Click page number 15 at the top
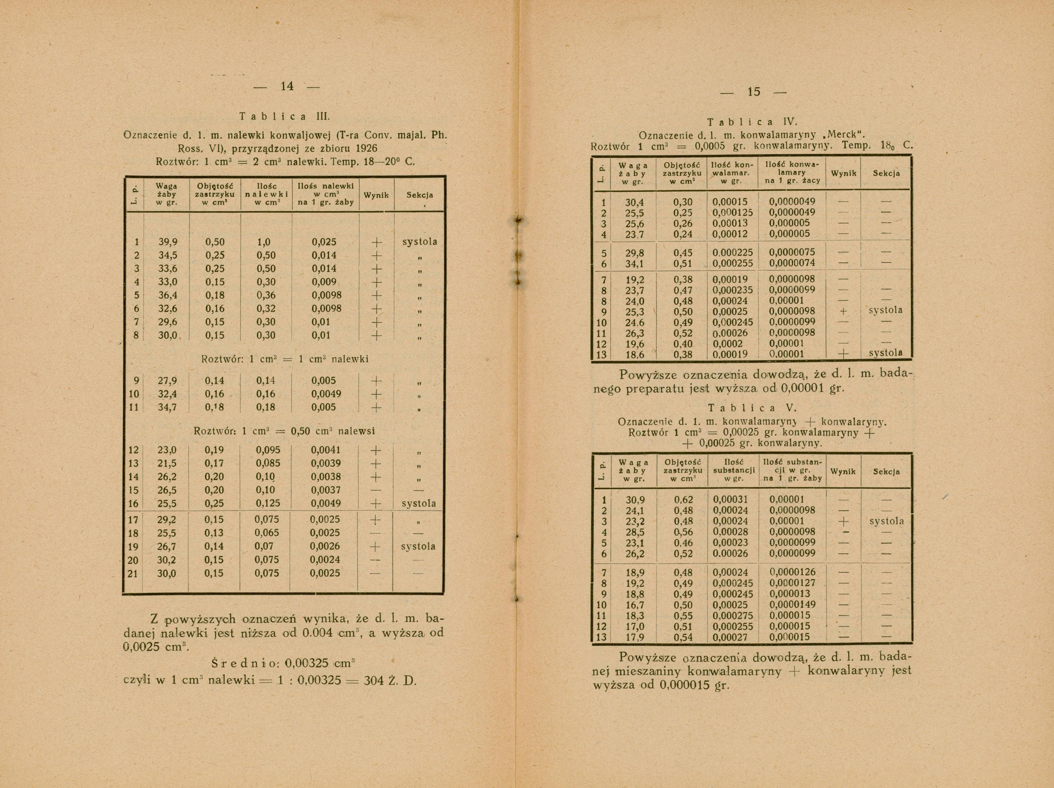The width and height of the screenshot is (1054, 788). click(754, 92)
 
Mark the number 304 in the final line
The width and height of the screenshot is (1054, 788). click(374, 680)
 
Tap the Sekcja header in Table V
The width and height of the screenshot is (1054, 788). click(886, 472)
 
